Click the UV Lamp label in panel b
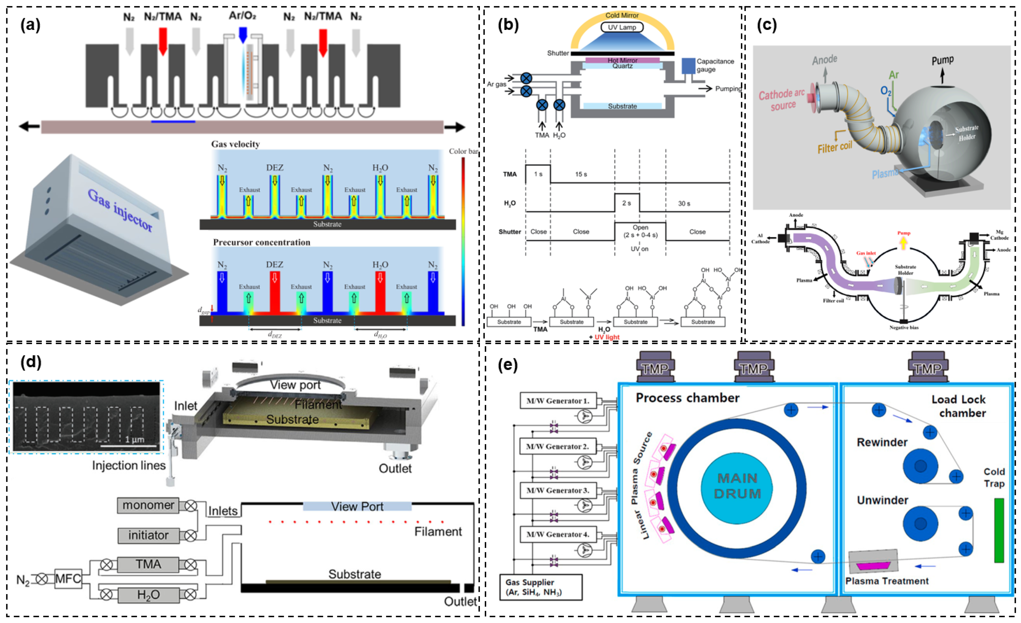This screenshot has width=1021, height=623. click(x=622, y=27)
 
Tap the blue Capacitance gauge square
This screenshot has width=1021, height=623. click(x=688, y=66)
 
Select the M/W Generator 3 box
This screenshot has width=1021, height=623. click(x=558, y=490)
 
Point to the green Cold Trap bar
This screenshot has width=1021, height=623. click(x=999, y=530)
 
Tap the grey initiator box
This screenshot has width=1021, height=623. click(x=148, y=536)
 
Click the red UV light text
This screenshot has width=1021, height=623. click(x=607, y=337)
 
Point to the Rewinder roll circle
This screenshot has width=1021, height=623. click(x=920, y=466)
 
